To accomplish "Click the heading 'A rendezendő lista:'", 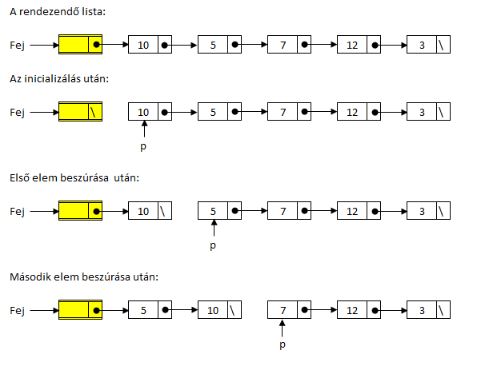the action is pyautogui.click(x=58, y=12).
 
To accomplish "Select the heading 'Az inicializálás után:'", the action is pyautogui.click(x=59, y=79).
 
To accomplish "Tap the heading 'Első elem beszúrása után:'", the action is pyautogui.click(x=74, y=178).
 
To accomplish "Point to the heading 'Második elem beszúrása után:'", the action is pyautogui.click(x=84, y=277).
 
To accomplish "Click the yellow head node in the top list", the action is pyautogui.click(x=80, y=44).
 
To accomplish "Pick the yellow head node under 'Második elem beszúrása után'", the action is pyautogui.click(x=80, y=310).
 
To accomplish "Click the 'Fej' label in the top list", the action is pyautogui.click(x=17, y=46).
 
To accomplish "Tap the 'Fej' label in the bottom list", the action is pyautogui.click(x=17, y=311).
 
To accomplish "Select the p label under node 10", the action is pyautogui.click(x=143, y=147).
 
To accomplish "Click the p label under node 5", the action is pyautogui.click(x=213, y=245).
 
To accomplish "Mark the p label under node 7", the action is pyautogui.click(x=283, y=344).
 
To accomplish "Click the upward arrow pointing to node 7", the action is pyautogui.click(x=283, y=328).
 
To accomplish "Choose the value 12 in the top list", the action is pyautogui.click(x=352, y=46).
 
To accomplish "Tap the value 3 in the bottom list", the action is pyautogui.click(x=422, y=310).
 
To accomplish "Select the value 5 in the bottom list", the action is pyautogui.click(x=143, y=310).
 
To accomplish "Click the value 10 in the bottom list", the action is pyautogui.click(x=213, y=310).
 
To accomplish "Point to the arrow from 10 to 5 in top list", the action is pyautogui.click(x=181, y=46).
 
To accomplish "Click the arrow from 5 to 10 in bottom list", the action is pyautogui.click(x=182, y=310).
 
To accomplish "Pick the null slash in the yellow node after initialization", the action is pyautogui.click(x=93, y=112).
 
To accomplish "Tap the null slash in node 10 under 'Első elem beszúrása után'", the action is pyautogui.click(x=162, y=211).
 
